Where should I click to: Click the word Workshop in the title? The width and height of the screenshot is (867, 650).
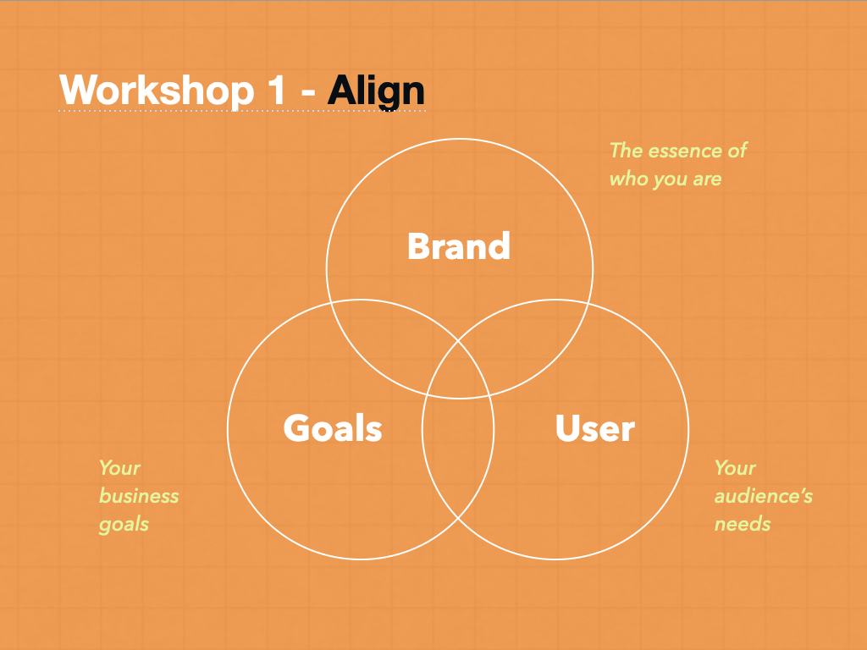pyautogui.click(x=157, y=90)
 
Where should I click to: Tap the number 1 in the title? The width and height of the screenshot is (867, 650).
pyautogui.click(x=276, y=90)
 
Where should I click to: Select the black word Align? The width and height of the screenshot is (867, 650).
pyautogui.click(x=376, y=91)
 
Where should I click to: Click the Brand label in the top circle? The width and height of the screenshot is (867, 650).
pyautogui.click(x=458, y=246)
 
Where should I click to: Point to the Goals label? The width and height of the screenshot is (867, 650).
pyautogui.click(x=332, y=428)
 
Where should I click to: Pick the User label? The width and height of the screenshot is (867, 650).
pyautogui.click(x=595, y=428)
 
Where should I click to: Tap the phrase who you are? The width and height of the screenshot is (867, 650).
pyautogui.click(x=665, y=179)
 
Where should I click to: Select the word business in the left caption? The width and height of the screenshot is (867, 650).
pyautogui.click(x=139, y=496)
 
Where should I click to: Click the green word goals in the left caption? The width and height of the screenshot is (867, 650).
pyautogui.click(x=124, y=525)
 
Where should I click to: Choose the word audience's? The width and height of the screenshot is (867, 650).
pyautogui.click(x=763, y=496)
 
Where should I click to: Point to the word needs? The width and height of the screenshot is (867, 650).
pyautogui.click(x=742, y=524)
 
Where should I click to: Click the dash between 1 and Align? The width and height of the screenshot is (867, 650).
pyautogui.click(x=308, y=91)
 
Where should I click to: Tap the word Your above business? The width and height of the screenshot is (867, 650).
pyautogui.click(x=119, y=468)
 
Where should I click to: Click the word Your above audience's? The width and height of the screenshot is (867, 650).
pyautogui.click(x=735, y=468)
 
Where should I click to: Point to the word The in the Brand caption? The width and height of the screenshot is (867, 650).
pyautogui.click(x=626, y=151)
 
